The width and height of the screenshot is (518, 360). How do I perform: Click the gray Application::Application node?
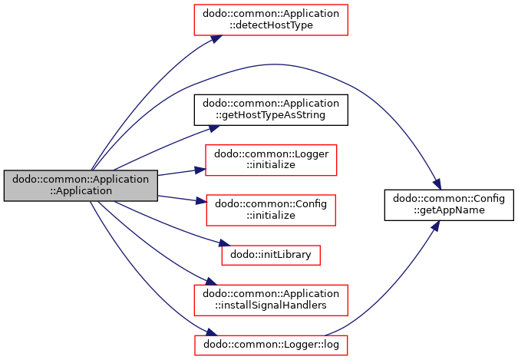click(x=81, y=186)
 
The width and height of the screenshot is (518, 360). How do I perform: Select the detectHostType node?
click(x=271, y=20)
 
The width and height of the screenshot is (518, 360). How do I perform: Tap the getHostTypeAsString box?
click(x=271, y=110)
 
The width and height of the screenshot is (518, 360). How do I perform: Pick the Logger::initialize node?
click(x=271, y=160)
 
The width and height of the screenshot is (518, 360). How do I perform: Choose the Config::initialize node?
click(x=271, y=210)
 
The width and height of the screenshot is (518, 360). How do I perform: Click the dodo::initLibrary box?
click(x=271, y=255)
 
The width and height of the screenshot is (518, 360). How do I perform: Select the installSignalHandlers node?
click(x=271, y=300)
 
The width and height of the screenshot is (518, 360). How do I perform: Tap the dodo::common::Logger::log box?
click(x=271, y=345)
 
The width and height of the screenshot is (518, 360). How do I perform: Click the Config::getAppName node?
click(x=449, y=205)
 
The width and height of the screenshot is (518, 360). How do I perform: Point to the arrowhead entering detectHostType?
click(x=216, y=38)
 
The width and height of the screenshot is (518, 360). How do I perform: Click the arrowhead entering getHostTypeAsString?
click(x=214, y=129)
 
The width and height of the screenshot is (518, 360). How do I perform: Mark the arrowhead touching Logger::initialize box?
click(x=200, y=170)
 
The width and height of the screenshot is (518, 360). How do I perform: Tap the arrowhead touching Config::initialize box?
click(x=201, y=200)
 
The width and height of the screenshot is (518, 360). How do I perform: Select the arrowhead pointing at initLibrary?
click(x=225, y=243)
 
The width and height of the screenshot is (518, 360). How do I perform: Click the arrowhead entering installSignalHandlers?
click(x=211, y=282)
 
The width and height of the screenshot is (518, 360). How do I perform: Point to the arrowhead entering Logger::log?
click(x=212, y=332)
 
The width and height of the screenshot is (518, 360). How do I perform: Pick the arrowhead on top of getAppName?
click(x=437, y=183)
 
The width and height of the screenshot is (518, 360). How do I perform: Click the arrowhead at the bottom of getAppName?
click(x=435, y=226)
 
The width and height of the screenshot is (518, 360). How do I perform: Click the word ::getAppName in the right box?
click(x=449, y=210)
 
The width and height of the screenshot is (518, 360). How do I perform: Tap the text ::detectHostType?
click(x=271, y=25)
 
